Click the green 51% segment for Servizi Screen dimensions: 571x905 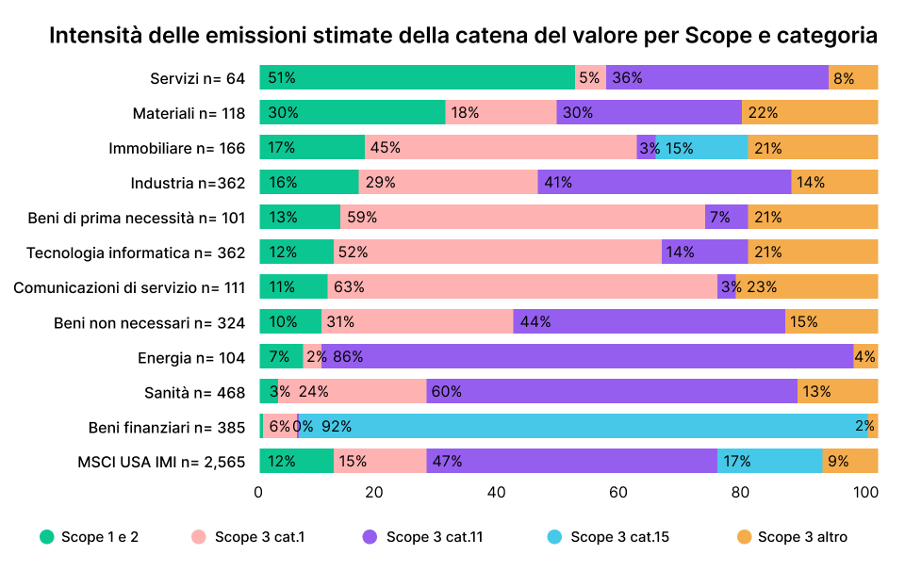(x=417, y=78)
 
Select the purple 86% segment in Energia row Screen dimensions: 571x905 (x=587, y=357)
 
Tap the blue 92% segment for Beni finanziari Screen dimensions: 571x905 (x=583, y=427)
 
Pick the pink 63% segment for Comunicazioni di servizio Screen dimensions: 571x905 (x=522, y=287)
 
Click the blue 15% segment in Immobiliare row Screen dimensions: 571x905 (x=702, y=148)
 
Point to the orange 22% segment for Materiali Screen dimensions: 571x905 (x=810, y=113)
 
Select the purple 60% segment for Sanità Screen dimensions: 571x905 (x=612, y=392)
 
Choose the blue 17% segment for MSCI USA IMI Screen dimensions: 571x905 (x=769, y=462)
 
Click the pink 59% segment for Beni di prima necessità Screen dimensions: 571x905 (x=522, y=218)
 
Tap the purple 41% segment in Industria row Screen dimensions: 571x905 (x=665, y=183)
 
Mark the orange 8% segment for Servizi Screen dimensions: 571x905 (x=853, y=78)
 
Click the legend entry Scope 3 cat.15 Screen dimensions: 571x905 (x=609, y=537)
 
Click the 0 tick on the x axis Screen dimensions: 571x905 (x=259, y=492)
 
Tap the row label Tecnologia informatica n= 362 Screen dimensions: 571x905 (x=136, y=253)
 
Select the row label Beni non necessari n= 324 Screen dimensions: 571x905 (x=149, y=322)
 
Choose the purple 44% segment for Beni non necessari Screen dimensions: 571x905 (x=649, y=322)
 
